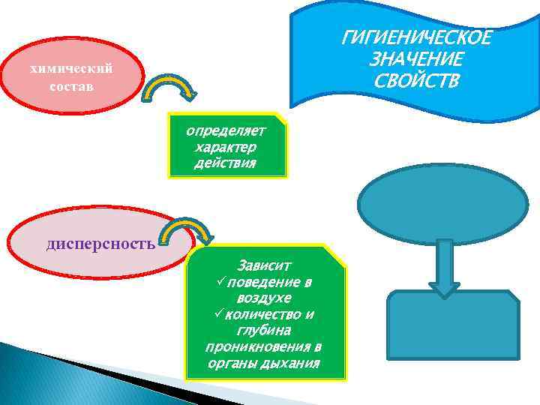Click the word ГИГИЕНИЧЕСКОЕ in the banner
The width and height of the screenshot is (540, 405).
[417, 37]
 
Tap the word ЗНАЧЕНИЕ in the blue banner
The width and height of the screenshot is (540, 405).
[417, 58]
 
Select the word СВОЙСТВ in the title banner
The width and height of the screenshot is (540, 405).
[417, 79]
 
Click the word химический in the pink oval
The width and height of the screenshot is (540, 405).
[70, 69]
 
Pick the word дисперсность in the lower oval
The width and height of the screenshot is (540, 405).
[101, 243]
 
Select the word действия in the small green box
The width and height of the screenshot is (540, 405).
[226, 162]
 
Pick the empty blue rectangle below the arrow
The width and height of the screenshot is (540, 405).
[452, 328]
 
